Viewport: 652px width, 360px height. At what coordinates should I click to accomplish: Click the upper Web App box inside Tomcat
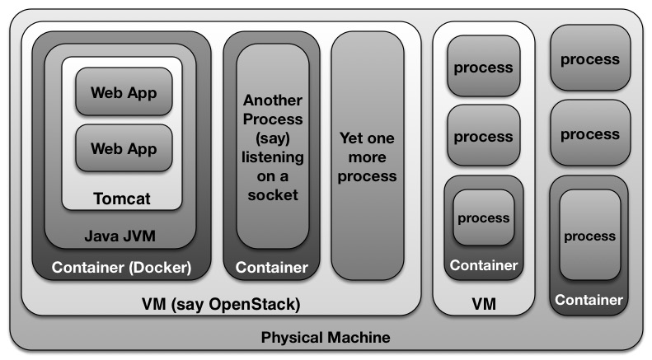123,92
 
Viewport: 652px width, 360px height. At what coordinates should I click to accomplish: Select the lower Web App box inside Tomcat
123,149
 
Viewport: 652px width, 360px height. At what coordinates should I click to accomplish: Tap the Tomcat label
122,199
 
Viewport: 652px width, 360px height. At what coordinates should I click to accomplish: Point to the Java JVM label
120,237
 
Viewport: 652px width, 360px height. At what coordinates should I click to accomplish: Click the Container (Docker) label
121,268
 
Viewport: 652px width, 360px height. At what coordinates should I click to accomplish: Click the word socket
272,194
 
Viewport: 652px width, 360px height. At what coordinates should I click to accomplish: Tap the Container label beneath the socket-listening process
272,268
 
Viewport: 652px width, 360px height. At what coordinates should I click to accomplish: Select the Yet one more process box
368,157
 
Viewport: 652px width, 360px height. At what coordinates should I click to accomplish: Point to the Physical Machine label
326,338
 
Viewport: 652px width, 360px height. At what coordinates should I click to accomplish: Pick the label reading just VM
484,305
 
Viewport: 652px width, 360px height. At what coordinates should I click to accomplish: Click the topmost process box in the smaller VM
484,68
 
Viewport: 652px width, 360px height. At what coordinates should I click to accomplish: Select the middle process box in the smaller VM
484,137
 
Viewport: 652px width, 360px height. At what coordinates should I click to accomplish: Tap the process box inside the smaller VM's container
484,219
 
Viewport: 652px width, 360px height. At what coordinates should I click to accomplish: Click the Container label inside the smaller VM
484,265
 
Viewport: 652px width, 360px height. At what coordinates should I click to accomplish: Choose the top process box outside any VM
589,59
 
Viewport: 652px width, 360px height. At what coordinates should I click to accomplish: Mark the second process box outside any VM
589,134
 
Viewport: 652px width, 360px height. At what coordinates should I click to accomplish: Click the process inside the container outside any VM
589,236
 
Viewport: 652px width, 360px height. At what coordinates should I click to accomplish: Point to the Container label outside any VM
589,300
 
